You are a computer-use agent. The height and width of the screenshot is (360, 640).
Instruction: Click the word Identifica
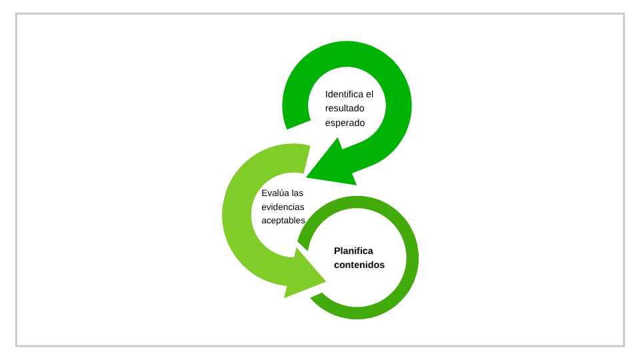click(344, 94)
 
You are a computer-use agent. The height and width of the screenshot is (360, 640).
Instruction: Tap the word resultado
click(345, 109)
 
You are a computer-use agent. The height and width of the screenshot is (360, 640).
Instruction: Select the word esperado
click(345, 123)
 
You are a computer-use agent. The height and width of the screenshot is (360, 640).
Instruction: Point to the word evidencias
click(283, 207)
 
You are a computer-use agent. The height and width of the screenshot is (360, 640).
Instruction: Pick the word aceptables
click(283, 221)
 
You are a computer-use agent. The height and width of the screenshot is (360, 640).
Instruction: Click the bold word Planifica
click(353, 251)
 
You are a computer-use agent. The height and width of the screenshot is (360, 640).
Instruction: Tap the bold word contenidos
click(359, 265)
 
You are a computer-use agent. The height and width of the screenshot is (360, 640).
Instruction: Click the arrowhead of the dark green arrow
click(331, 165)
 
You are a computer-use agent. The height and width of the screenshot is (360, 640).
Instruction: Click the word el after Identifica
click(369, 94)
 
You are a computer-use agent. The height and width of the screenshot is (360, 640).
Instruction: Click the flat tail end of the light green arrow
click(307, 159)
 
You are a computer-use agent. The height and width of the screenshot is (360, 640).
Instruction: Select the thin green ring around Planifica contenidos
click(412, 257)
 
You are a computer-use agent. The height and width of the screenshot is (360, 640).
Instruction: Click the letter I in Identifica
click(326, 94)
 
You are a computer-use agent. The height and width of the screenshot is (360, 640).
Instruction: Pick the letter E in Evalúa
click(264, 193)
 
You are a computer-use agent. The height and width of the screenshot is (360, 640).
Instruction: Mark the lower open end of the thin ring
click(317, 296)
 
